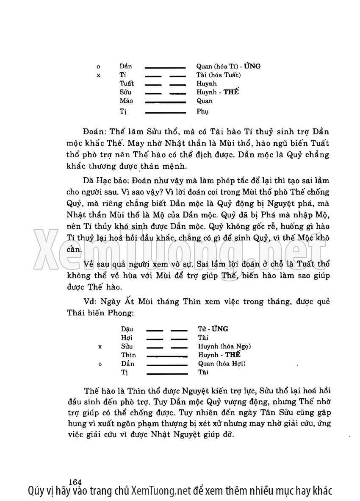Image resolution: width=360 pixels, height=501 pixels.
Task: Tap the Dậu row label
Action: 127,329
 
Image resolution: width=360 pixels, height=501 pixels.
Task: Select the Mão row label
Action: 126,101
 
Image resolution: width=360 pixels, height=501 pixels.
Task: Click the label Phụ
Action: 202,111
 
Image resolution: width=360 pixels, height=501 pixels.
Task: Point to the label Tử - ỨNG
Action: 213,329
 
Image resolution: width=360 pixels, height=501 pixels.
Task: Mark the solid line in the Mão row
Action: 166,102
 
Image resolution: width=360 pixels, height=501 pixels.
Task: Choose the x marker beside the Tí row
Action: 98,75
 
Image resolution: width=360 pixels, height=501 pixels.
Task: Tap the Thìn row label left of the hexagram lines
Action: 128,355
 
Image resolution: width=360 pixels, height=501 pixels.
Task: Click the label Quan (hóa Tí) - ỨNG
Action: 228,66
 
